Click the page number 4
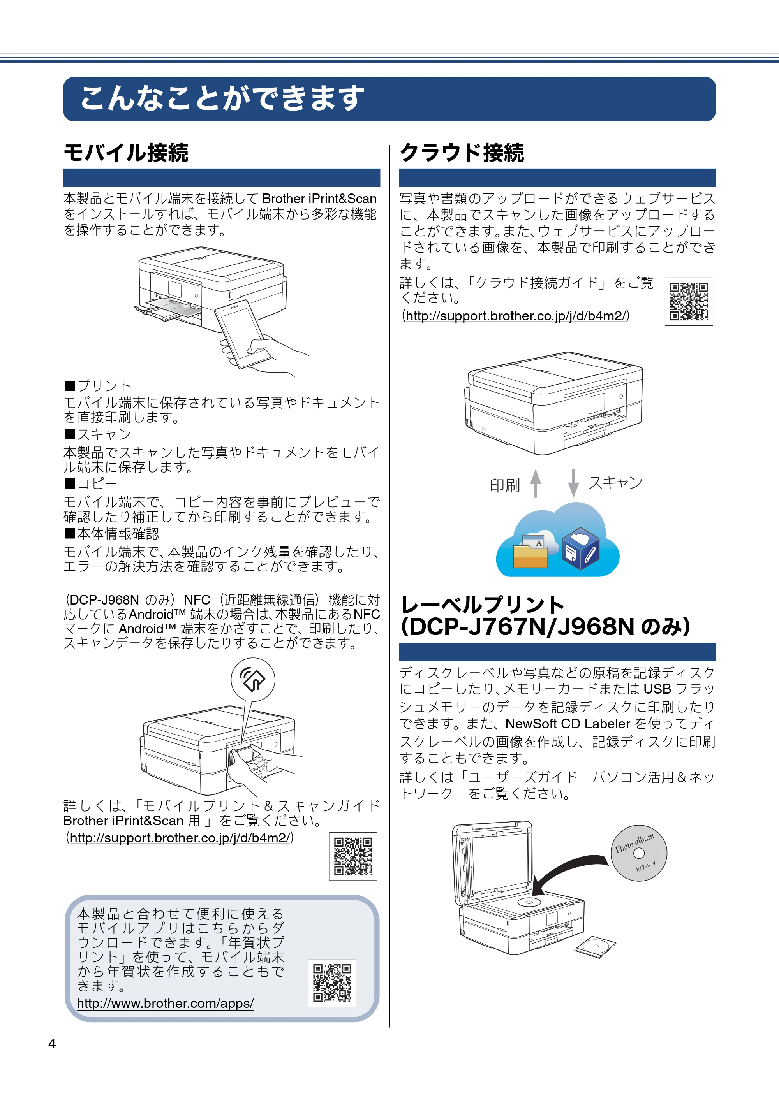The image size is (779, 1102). point(52,1044)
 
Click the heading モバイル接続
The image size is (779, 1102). point(126,153)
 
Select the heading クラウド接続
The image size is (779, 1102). point(462,153)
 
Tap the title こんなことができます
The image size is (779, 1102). point(222,98)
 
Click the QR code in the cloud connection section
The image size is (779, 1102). point(689,301)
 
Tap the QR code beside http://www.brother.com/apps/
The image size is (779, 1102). point(332,982)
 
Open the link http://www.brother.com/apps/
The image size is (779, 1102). point(165,1003)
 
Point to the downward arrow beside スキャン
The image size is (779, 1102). point(573,483)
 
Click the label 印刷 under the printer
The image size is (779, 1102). point(505,486)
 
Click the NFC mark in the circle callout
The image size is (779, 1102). point(253,679)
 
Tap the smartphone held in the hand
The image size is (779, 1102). point(243,334)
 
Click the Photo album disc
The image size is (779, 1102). point(639,853)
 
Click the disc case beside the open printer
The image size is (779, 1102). point(595,946)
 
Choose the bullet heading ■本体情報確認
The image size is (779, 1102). point(111,533)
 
